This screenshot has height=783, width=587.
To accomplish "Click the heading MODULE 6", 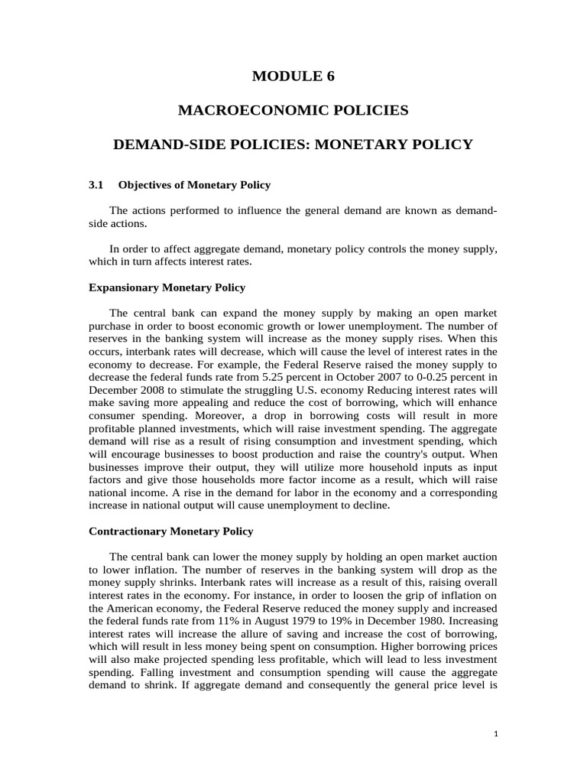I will coord(293,76).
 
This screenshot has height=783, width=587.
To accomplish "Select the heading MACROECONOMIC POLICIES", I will coord(293,110).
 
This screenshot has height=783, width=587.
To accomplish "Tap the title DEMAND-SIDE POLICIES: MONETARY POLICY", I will coord(293,144).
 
